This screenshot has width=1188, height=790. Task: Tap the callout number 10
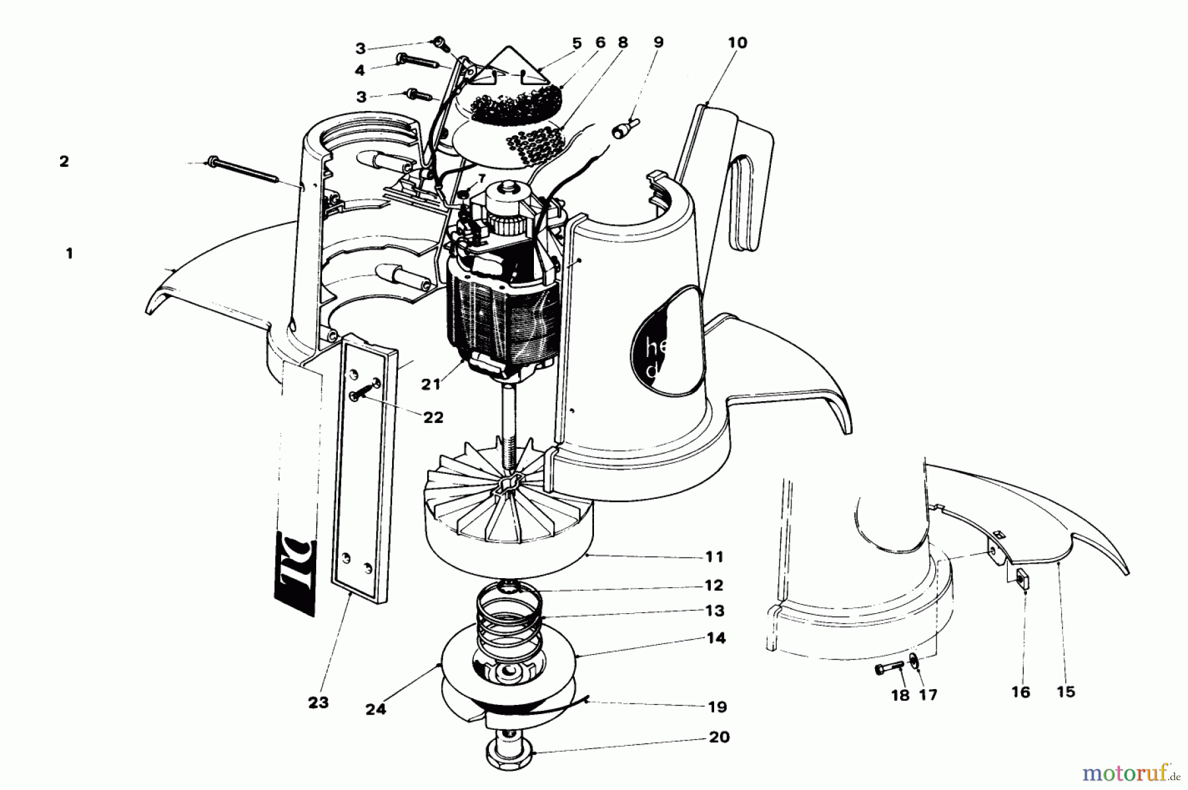[x=737, y=43]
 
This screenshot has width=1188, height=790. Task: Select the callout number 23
[x=318, y=703]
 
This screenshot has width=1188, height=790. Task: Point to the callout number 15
[x=1065, y=692]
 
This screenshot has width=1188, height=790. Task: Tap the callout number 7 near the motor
[x=481, y=179]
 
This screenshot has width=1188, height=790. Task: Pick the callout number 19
[x=717, y=707]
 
